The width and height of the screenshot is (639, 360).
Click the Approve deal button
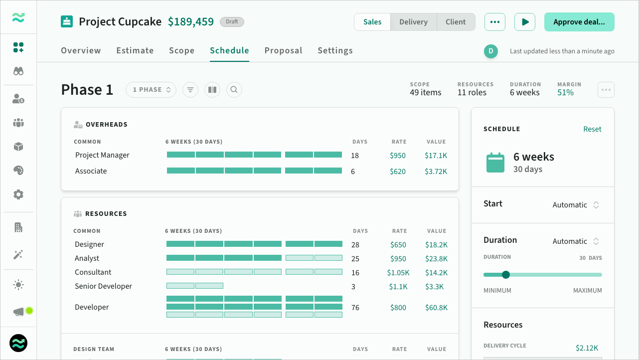[579, 22]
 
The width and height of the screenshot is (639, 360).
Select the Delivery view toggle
[413, 22]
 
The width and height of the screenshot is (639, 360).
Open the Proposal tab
[283, 50]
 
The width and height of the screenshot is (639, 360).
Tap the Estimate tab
[135, 50]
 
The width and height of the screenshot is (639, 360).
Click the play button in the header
[524, 22]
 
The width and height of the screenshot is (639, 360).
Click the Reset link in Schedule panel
[592, 129]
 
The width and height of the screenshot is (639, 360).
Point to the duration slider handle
[506, 275]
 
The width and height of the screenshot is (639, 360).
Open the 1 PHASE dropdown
[151, 90]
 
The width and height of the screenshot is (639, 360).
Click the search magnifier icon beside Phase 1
[234, 90]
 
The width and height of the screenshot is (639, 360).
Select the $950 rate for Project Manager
[398, 156]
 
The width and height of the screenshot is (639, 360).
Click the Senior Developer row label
[103, 286]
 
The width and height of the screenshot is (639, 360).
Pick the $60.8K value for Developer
[436, 308]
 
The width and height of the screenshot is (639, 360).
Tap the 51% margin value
[565, 93]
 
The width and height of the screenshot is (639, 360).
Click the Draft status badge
[232, 22]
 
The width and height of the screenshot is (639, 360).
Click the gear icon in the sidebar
[18, 194]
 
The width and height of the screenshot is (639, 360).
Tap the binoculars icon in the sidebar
[18, 71]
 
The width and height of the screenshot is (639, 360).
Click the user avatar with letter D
[491, 51]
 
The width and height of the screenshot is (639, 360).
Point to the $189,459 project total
[190, 22]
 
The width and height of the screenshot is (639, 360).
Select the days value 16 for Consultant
[355, 273]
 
